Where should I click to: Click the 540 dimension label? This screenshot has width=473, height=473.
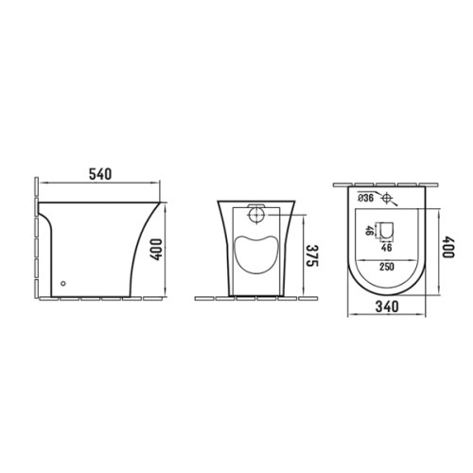100,174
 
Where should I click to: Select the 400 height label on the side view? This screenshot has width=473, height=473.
156,250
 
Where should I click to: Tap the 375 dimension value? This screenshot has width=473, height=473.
313,255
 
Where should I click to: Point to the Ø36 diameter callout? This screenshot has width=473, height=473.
366,198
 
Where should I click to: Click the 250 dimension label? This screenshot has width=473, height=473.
387,267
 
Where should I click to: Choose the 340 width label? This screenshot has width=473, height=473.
387,307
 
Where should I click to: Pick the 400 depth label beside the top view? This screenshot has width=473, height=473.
447,248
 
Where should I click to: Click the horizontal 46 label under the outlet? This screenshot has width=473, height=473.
387,248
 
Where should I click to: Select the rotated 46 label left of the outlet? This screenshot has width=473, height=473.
369,231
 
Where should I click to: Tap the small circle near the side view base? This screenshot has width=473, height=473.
63,284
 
